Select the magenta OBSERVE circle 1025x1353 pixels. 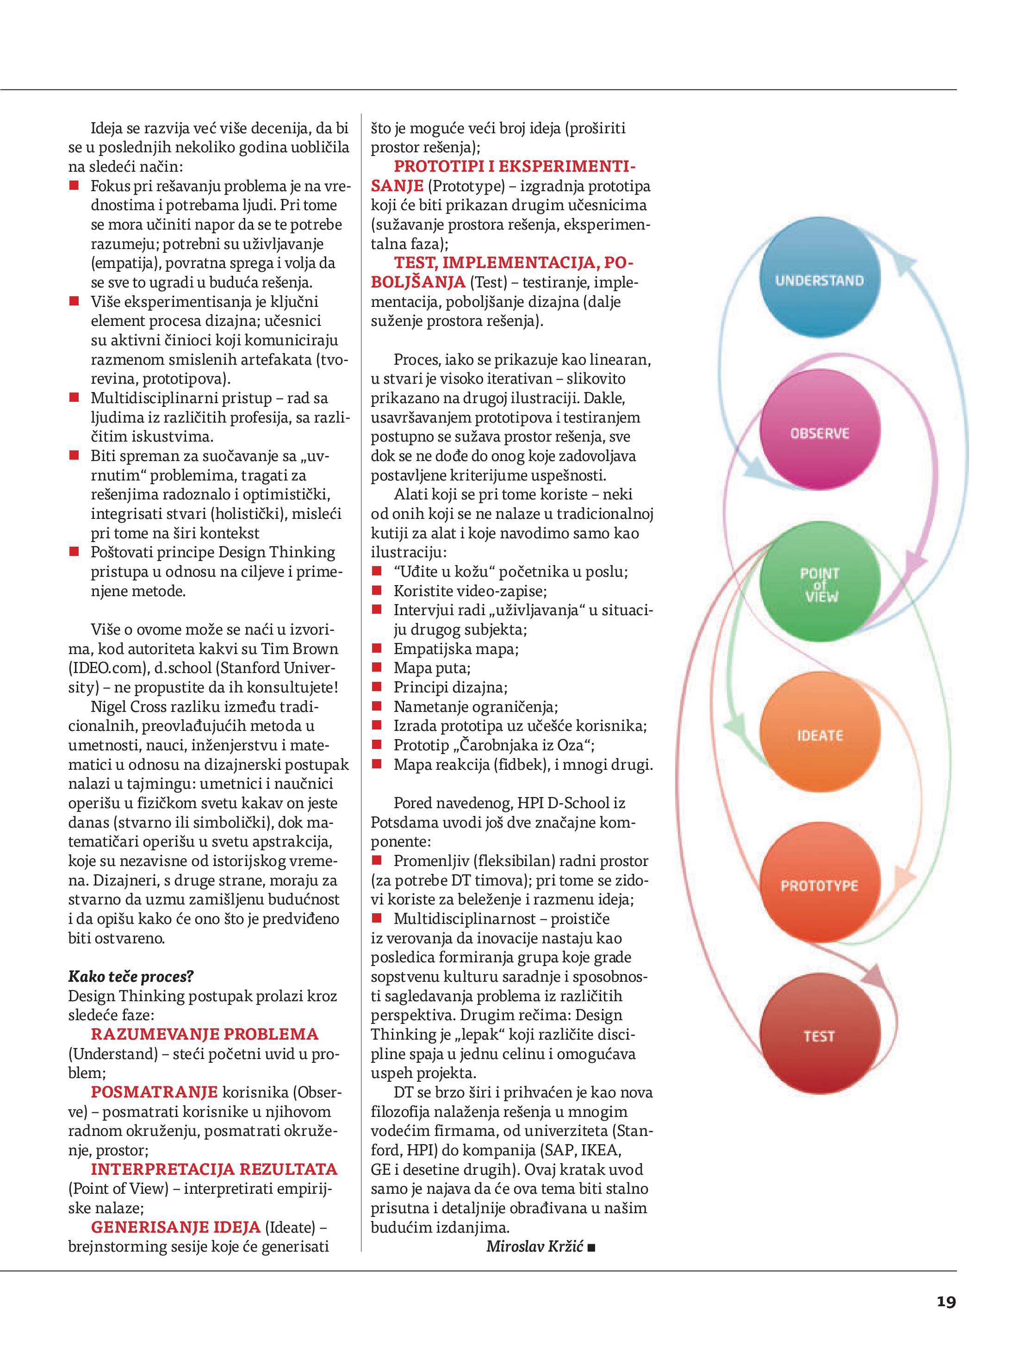coord(820,432)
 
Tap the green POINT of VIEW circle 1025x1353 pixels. coord(820,583)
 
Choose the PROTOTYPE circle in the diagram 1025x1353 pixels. coord(820,885)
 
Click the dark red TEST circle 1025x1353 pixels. coord(820,1035)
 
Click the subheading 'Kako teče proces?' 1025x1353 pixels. coord(131,976)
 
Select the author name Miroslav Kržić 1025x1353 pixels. coord(534,1247)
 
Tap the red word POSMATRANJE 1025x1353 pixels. coord(154,1092)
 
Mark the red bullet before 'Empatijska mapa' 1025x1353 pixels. coord(377,649)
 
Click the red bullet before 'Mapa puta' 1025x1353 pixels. coord(377,668)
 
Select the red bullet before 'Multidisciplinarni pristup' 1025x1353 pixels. coord(74,398)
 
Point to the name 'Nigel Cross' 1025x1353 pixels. coord(128,706)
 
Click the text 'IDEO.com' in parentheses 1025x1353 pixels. coord(108,668)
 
